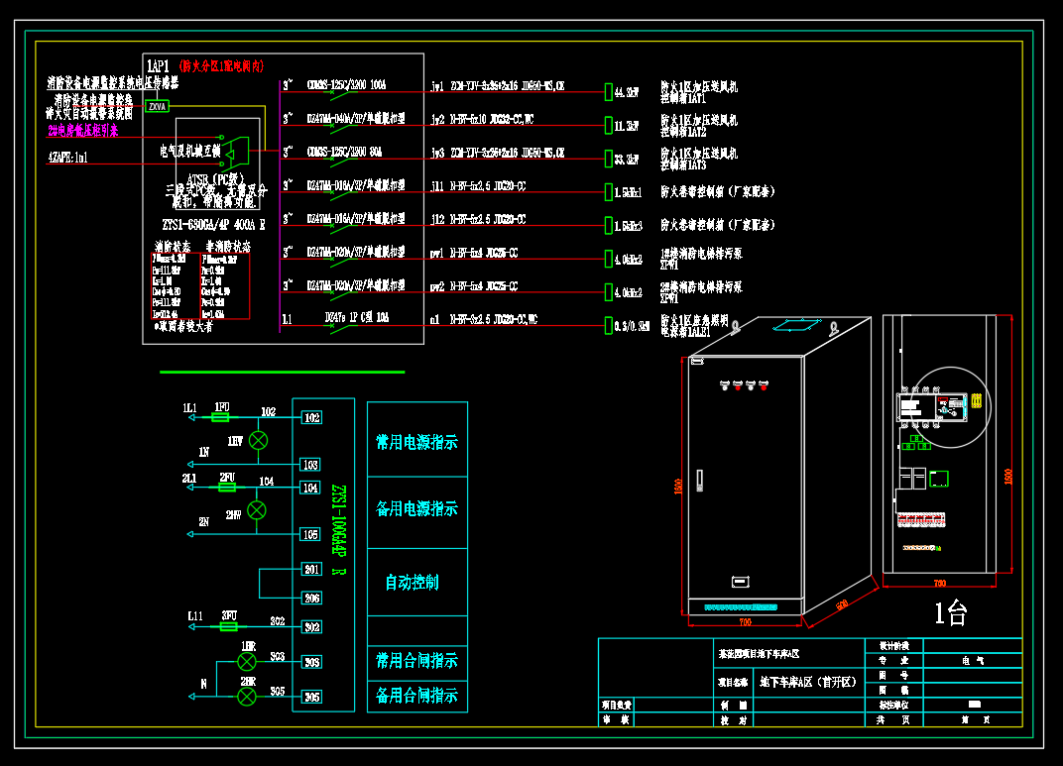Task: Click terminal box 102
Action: point(311,418)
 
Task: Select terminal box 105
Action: point(311,535)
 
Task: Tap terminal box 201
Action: point(311,570)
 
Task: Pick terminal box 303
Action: point(311,662)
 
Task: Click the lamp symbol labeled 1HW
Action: point(258,440)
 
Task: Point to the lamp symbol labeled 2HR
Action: point(247,697)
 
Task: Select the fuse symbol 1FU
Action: point(222,419)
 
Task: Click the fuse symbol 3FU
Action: point(229,627)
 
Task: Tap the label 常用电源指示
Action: point(416,443)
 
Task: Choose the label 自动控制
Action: point(412,583)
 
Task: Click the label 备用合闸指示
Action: point(416,696)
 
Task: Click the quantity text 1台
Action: point(950,614)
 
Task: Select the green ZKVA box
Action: point(157,105)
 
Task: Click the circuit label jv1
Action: point(438,86)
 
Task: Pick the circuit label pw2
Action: point(438,287)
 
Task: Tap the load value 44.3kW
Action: point(626,92)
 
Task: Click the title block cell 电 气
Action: point(967,659)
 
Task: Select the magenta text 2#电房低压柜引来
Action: point(83,130)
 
